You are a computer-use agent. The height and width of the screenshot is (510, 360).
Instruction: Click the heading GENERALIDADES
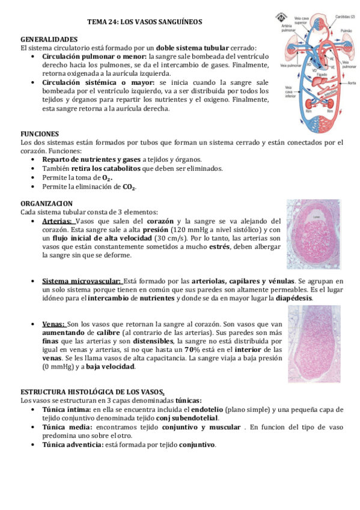pos(49,38)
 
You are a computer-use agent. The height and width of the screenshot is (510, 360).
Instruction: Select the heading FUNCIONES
pos(39,134)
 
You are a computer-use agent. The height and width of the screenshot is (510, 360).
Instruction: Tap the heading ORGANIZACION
pos(46,203)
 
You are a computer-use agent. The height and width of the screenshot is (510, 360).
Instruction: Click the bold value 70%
pos(192,349)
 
